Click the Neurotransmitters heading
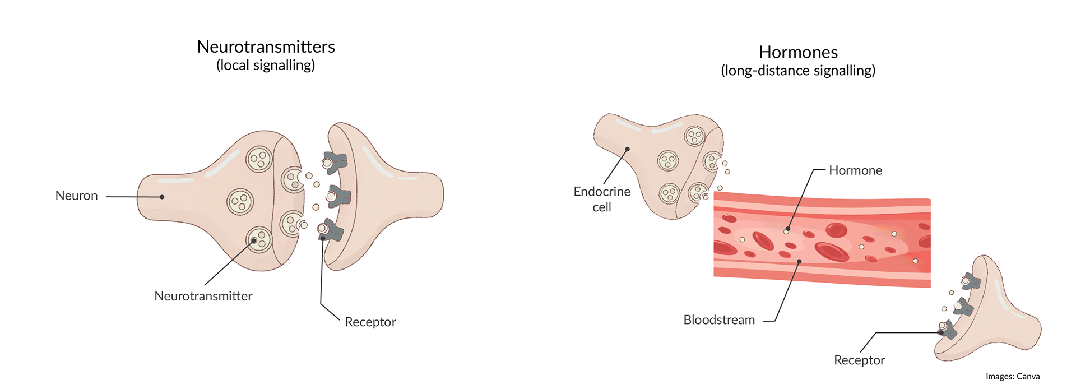click(x=266, y=47)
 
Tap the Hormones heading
click(x=798, y=52)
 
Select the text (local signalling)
click(x=266, y=66)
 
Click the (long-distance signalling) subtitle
click(x=798, y=71)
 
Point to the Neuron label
click(x=76, y=196)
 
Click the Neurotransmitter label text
click(x=203, y=296)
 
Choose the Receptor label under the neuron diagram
click(x=370, y=322)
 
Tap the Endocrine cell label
click(x=602, y=199)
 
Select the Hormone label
click(x=855, y=170)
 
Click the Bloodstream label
click(x=719, y=320)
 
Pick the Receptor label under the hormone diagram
click(x=859, y=360)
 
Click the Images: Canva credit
click(x=1013, y=377)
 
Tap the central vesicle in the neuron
click(x=240, y=202)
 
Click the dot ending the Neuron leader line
click(x=162, y=197)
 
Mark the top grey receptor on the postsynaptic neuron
click(x=335, y=163)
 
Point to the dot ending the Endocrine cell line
click(x=628, y=149)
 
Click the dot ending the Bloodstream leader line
click(x=799, y=262)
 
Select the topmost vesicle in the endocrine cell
click(x=695, y=136)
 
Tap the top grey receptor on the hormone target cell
click(x=971, y=281)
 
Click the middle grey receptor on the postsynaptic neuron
click(x=339, y=196)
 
